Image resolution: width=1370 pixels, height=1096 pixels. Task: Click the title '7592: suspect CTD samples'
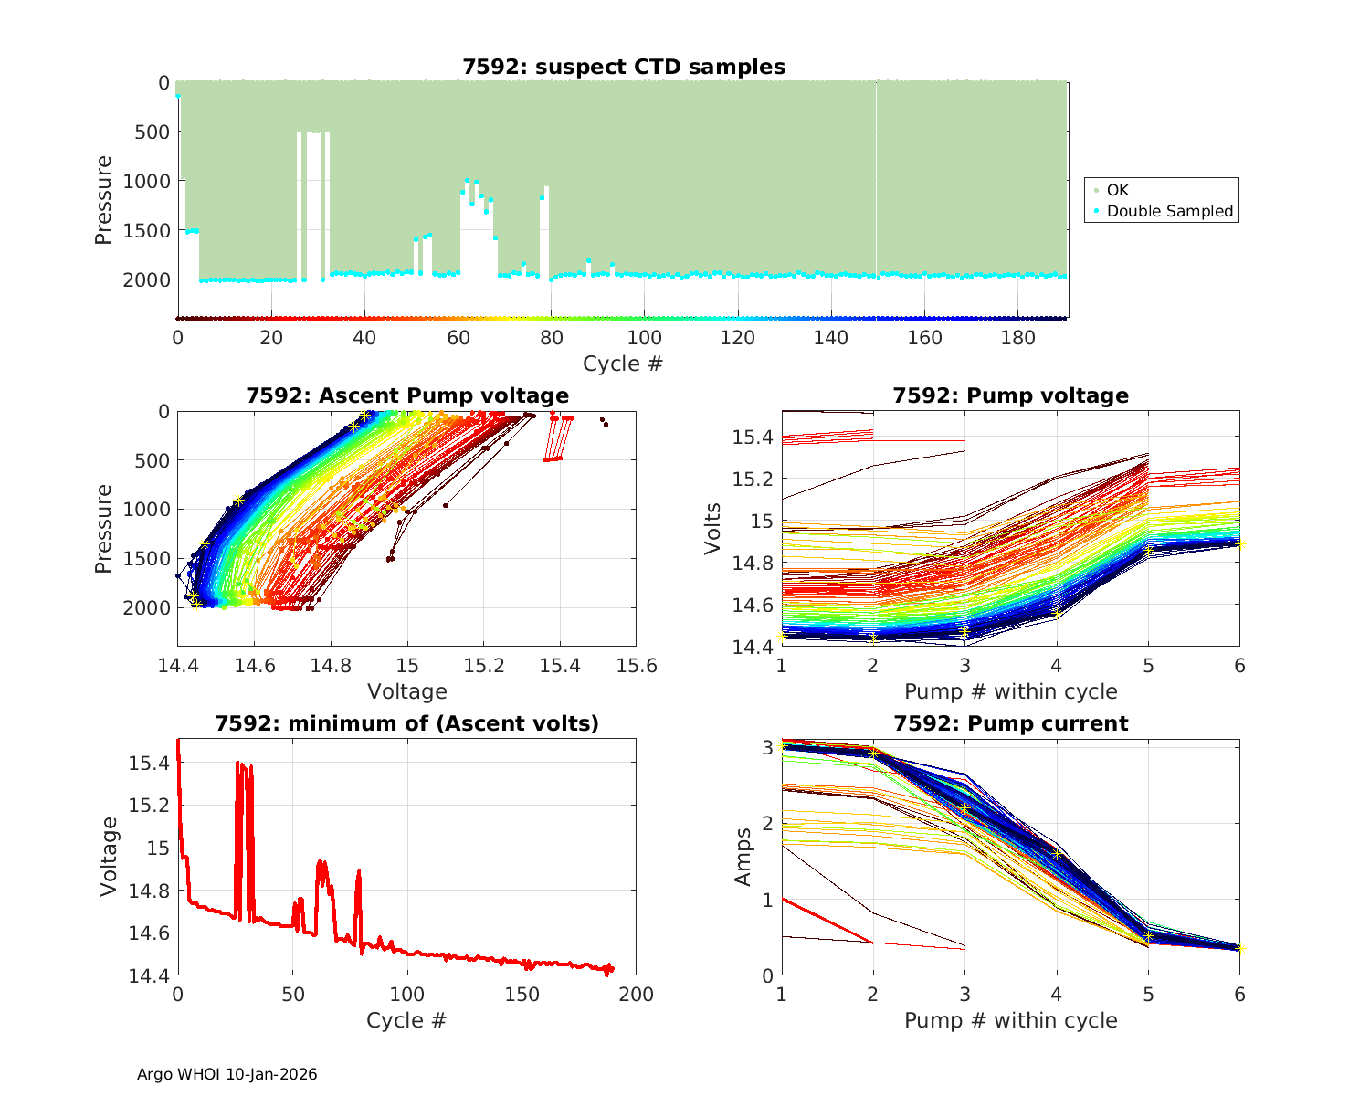coord(623,67)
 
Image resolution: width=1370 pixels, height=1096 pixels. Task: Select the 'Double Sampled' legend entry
coord(1169,211)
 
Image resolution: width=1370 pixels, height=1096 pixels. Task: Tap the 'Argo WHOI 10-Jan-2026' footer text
coord(227,1074)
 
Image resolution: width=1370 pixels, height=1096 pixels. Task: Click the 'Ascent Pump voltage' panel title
coord(407,395)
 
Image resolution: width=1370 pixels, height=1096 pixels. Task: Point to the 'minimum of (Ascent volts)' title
coord(407,723)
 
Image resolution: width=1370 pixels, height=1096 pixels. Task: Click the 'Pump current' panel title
coord(1011,723)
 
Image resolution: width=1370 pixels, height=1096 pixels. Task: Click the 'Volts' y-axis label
coord(713,529)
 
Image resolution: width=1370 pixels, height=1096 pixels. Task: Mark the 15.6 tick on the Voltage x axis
coord(637,666)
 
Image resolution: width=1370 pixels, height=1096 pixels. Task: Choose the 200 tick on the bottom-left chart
coord(637,995)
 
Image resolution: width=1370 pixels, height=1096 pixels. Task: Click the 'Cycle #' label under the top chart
coord(623,364)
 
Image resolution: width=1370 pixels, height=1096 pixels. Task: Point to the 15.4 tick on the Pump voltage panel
coord(753,437)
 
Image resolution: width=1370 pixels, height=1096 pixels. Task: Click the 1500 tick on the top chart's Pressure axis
coord(145,230)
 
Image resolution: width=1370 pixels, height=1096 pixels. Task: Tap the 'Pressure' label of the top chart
coord(104,200)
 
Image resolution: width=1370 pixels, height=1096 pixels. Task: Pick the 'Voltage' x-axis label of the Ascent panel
coord(407,691)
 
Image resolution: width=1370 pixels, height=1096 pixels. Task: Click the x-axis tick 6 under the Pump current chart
coord(1239,995)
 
